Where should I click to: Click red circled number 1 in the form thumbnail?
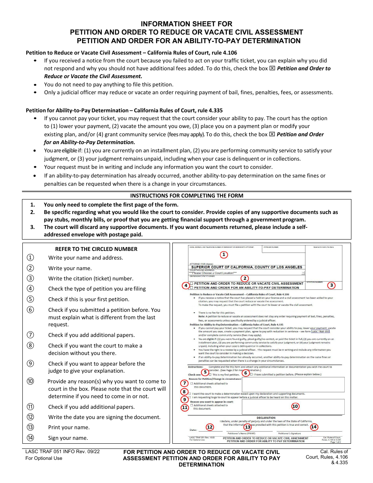pos(223,254)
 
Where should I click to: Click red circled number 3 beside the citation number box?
pos(331,285)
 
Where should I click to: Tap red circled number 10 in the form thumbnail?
pos(295,406)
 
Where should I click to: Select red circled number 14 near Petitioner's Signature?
pos(314,426)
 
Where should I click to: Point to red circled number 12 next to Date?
pos(210,426)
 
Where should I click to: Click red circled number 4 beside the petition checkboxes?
pos(185,285)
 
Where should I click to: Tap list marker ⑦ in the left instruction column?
pos(31,335)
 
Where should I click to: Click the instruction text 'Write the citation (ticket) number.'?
pos(91,278)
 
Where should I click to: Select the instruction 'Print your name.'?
pos(69,427)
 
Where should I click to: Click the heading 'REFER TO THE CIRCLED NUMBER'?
pos(96,249)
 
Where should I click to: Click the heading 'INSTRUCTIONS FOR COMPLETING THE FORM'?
pos(186,196)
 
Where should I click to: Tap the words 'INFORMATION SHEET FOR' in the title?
pos(186,24)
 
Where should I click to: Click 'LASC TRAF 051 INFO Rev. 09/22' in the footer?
pos(63,452)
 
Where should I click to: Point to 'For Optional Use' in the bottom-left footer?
pos(44,458)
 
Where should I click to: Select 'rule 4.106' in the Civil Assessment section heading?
pos(223,53)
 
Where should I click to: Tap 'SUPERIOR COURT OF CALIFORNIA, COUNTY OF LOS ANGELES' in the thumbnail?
pos(247,267)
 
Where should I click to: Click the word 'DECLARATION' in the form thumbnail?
pos(266,418)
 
